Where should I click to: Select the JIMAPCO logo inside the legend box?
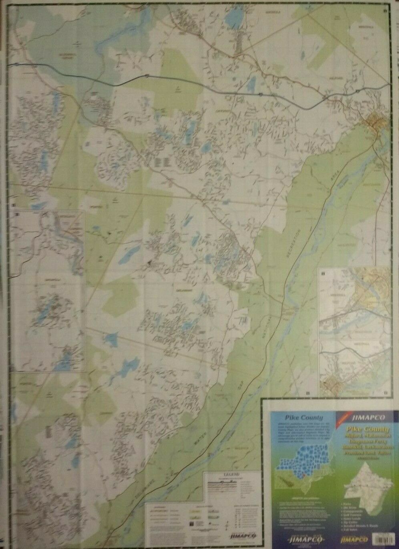point(240,535)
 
